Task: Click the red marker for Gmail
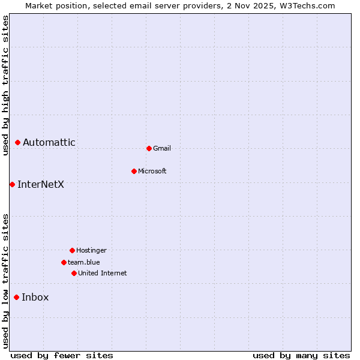[x=149, y=148]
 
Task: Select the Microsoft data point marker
[x=134, y=171]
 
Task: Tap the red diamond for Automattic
[x=17, y=142]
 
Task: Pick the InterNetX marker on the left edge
[x=12, y=184]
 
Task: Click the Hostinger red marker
[x=72, y=250]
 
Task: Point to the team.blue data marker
[x=64, y=262]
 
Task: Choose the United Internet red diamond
[x=74, y=273]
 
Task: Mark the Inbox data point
[x=16, y=297]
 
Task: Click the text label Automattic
[x=49, y=142]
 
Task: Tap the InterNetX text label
[x=41, y=184]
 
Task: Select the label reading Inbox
[x=35, y=297]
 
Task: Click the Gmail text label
[x=162, y=148]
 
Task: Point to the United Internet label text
[x=103, y=273]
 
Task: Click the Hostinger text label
[x=91, y=250]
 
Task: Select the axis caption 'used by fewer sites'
[x=62, y=355]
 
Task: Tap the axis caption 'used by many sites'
[x=301, y=355]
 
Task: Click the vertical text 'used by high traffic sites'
[x=5, y=85]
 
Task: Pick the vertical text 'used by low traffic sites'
[x=5, y=280]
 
